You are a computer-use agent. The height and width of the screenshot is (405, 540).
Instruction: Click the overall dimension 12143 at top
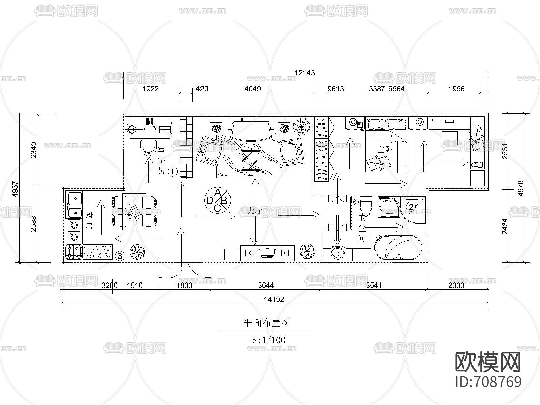(x=304, y=73)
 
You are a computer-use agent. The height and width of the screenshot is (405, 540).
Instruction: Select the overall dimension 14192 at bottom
(x=274, y=299)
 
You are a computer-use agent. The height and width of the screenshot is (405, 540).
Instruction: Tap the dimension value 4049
(x=253, y=89)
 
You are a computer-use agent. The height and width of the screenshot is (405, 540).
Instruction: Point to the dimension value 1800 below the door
(x=184, y=286)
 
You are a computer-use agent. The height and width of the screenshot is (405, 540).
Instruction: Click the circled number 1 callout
(x=172, y=172)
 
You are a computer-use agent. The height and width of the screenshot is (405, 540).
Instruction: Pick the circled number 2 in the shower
(x=411, y=206)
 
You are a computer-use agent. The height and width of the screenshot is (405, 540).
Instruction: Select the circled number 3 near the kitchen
(x=120, y=256)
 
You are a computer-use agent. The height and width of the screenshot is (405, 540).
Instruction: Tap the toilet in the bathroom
(x=366, y=207)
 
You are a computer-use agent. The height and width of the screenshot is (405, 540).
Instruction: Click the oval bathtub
(x=398, y=247)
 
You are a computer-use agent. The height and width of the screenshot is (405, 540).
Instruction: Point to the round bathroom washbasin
(x=337, y=253)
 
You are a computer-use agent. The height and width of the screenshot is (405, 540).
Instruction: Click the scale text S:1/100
(x=269, y=340)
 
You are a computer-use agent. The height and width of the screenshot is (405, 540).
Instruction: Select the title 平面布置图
(x=267, y=323)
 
